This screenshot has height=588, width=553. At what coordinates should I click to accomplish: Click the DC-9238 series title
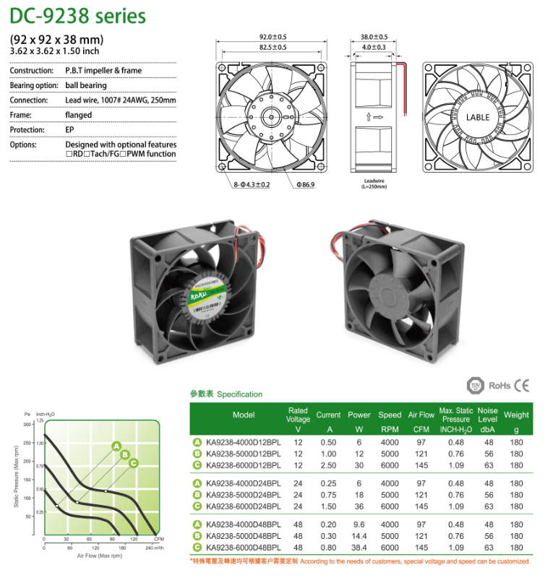[x=77, y=16]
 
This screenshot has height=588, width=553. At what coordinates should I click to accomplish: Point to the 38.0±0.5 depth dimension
[x=374, y=36]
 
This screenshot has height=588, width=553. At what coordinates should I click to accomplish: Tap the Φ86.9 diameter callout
[x=305, y=185]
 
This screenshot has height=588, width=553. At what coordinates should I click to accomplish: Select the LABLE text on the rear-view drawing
[x=477, y=117]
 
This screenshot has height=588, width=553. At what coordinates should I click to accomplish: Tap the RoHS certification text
[x=500, y=386]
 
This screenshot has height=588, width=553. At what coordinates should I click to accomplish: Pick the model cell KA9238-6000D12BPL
[x=243, y=465]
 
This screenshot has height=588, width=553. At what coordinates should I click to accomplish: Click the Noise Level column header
[x=487, y=415]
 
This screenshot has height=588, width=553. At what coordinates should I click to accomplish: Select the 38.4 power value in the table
[x=359, y=548]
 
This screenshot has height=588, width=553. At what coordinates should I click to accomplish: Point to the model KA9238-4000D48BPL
[x=243, y=524]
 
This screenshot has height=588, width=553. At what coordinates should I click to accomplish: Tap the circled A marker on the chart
[x=116, y=446]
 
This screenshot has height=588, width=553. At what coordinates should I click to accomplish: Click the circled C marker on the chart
[x=134, y=462]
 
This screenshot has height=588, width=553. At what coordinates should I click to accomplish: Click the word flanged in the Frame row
[x=79, y=115]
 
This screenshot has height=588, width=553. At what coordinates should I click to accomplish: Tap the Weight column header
[x=516, y=415]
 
